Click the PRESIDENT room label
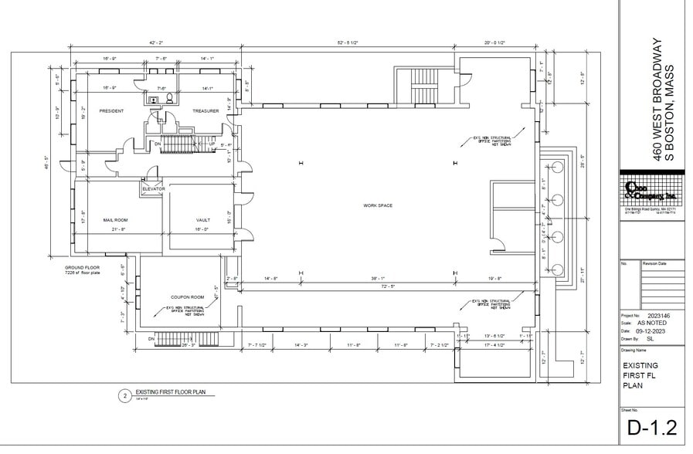click(x=111, y=111)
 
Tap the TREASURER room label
click(x=205, y=111)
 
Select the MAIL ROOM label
click(x=115, y=220)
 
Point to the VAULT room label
click(x=203, y=220)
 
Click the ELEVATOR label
click(x=153, y=189)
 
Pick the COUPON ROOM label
click(x=187, y=296)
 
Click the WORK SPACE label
click(x=379, y=205)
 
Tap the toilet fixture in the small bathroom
click(x=168, y=99)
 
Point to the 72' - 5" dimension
click(x=376, y=286)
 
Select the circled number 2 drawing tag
click(x=123, y=396)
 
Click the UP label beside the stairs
click(x=211, y=144)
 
